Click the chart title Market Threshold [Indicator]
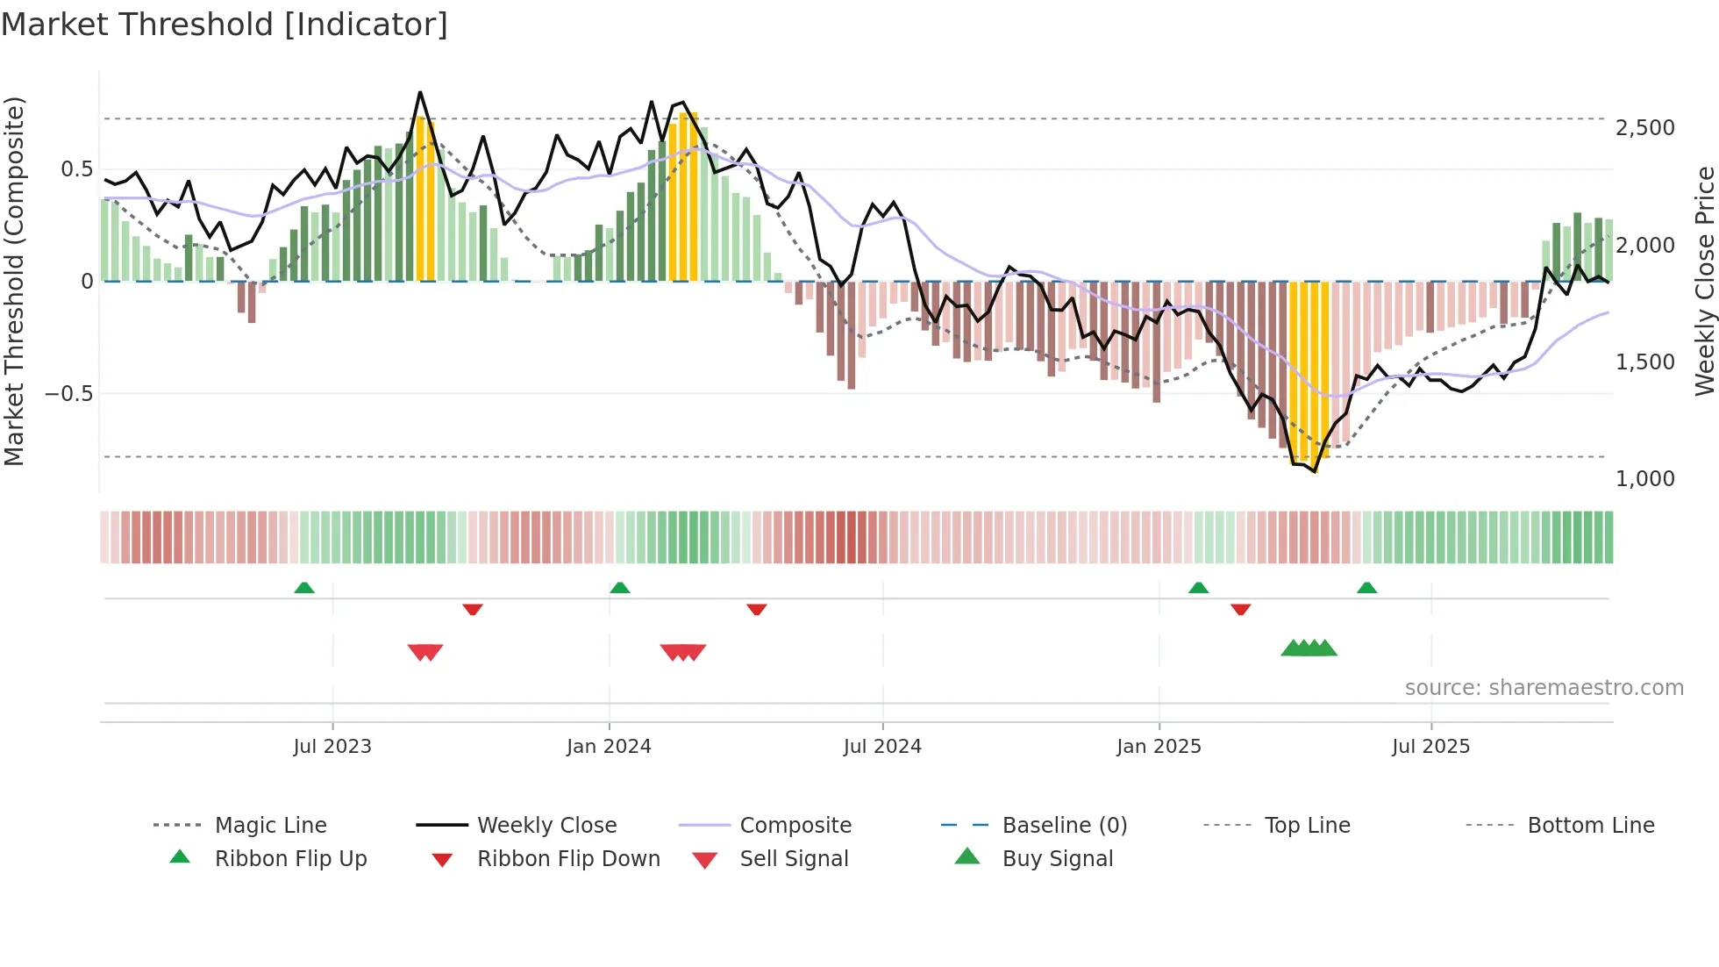[x=225, y=25]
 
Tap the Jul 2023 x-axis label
[x=332, y=747]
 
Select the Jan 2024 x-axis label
[x=609, y=747]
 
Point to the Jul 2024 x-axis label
[x=882, y=747]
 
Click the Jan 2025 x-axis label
[x=1159, y=747]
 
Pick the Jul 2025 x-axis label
[x=1430, y=747]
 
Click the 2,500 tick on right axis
[x=1644, y=128]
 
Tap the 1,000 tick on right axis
[x=1644, y=479]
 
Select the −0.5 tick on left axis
[x=68, y=394]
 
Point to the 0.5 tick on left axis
[x=76, y=169]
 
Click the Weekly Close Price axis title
[x=1704, y=281]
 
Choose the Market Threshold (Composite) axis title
[x=14, y=281]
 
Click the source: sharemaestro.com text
[x=1544, y=688]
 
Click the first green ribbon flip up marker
[x=304, y=588]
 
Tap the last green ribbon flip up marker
[x=1366, y=588]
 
